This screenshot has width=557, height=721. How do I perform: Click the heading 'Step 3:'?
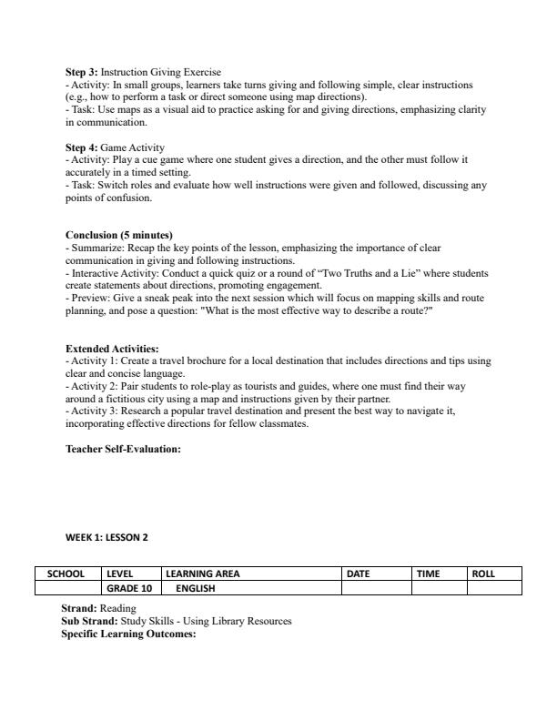click(81, 72)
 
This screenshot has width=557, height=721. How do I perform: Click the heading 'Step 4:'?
click(81, 147)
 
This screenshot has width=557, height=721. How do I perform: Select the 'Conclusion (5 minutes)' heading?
click(118, 235)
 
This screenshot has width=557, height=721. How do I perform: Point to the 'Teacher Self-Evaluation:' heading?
click(123, 449)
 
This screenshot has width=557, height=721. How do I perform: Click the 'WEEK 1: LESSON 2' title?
click(106, 537)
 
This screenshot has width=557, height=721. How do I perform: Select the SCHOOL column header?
click(66, 574)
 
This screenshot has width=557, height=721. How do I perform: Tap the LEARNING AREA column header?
click(202, 574)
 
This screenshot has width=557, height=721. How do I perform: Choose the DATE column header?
click(359, 574)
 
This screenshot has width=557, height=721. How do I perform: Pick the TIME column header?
click(428, 574)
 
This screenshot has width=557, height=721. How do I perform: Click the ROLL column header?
click(482, 574)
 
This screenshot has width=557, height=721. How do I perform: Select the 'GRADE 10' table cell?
click(128, 588)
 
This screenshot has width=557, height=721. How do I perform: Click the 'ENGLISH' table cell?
click(196, 588)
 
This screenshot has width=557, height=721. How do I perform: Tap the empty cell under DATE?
click(376, 588)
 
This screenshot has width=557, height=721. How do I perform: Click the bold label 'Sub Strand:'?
click(89, 621)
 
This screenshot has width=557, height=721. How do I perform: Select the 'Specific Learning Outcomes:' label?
click(128, 634)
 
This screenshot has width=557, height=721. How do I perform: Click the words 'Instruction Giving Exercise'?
click(160, 72)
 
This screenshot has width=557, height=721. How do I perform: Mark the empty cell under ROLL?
click(494, 588)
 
